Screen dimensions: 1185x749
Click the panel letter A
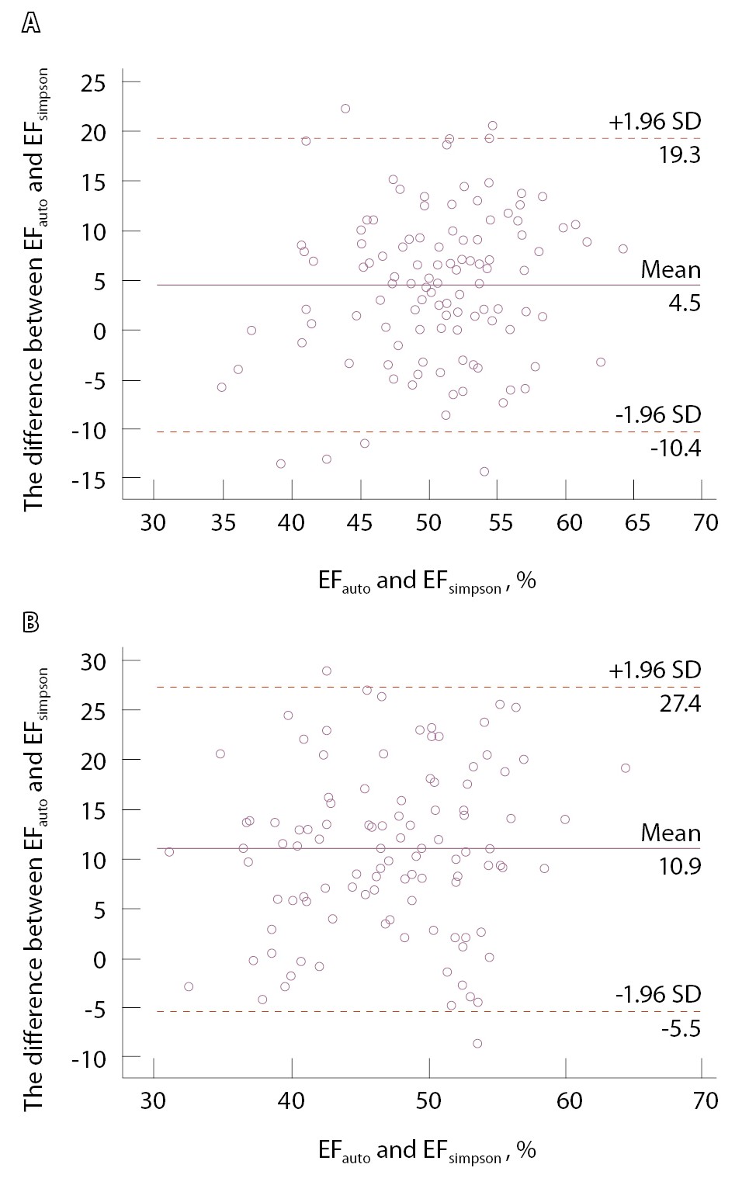tap(30, 24)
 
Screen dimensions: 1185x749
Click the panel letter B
tap(30, 622)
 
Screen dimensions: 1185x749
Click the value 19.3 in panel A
tap(679, 155)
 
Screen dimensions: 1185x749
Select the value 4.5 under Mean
tap(684, 303)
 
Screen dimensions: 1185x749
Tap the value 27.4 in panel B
tap(679, 704)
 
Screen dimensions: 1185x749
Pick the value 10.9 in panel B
tap(679, 866)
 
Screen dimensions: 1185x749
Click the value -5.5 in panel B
tap(681, 1029)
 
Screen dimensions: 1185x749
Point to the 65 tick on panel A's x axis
tap(638, 522)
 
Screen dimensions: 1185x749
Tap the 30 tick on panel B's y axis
tap(96, 660)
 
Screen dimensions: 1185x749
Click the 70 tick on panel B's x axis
tap(706, 1100)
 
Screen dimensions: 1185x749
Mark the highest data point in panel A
tap(345, 109)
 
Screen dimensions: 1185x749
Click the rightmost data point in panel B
tap(626, 768)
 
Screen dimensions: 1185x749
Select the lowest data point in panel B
tap(477, 1044)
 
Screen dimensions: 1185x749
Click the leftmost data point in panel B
tap(169, 852)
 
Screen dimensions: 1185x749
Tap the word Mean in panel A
tap(671, 270)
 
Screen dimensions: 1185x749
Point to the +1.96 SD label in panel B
tap(655, 670)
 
